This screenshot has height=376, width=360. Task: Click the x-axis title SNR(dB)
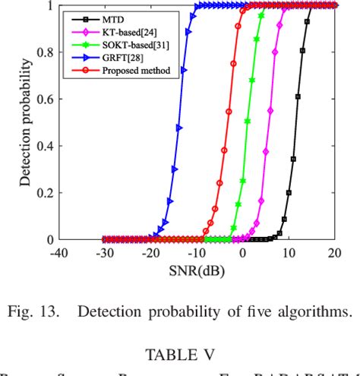point(197,271)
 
